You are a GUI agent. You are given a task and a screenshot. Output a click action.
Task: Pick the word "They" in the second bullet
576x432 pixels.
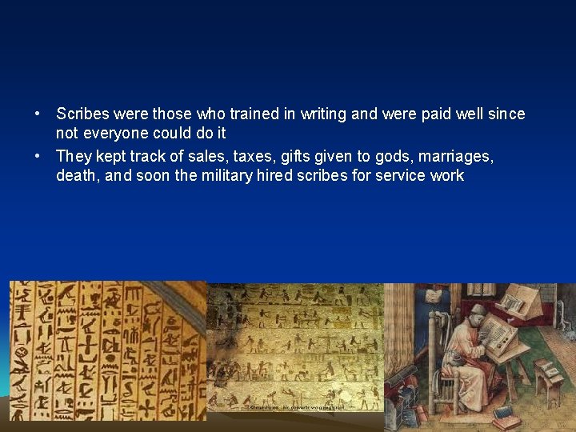click(x=74, y=156)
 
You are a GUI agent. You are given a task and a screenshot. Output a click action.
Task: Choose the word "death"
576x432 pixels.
click(x=77, y=175)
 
